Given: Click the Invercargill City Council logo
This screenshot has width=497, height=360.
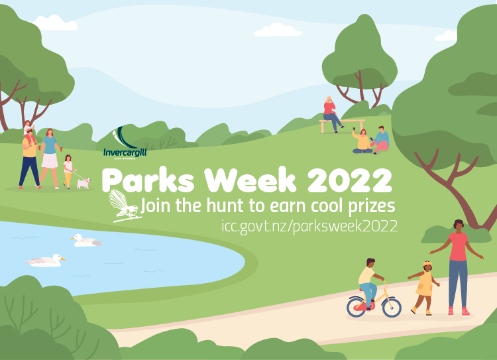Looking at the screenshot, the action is (x=125, y=143).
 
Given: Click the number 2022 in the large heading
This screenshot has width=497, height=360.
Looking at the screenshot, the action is (x=350, y=180).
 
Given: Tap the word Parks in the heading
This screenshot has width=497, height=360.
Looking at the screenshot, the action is (x=148, y=180).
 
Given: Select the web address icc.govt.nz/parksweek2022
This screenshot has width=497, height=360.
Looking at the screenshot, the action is (x=309, y=227).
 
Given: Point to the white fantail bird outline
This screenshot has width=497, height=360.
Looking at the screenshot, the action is (x=125, y=206).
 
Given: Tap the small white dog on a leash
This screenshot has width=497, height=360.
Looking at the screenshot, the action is (x=83, y=184).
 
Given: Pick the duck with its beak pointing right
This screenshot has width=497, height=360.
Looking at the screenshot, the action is (x=45, y=261).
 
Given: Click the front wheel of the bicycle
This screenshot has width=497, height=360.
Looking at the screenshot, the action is (x=392, y=306).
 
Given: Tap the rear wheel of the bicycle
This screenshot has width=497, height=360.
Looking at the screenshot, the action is (x=357, y=306).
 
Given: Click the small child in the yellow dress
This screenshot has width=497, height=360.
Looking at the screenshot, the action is (x=424, y=288).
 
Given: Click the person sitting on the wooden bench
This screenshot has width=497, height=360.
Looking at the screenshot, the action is (x=331, y=114).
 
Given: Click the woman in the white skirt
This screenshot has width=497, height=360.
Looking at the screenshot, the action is (x=50, y=158).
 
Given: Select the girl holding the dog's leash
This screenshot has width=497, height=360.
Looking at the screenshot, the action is (x=68, y=172).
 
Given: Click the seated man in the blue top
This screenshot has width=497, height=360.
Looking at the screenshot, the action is (x=381, y=140).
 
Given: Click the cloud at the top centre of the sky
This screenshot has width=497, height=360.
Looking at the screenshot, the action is (x=278, y=30).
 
